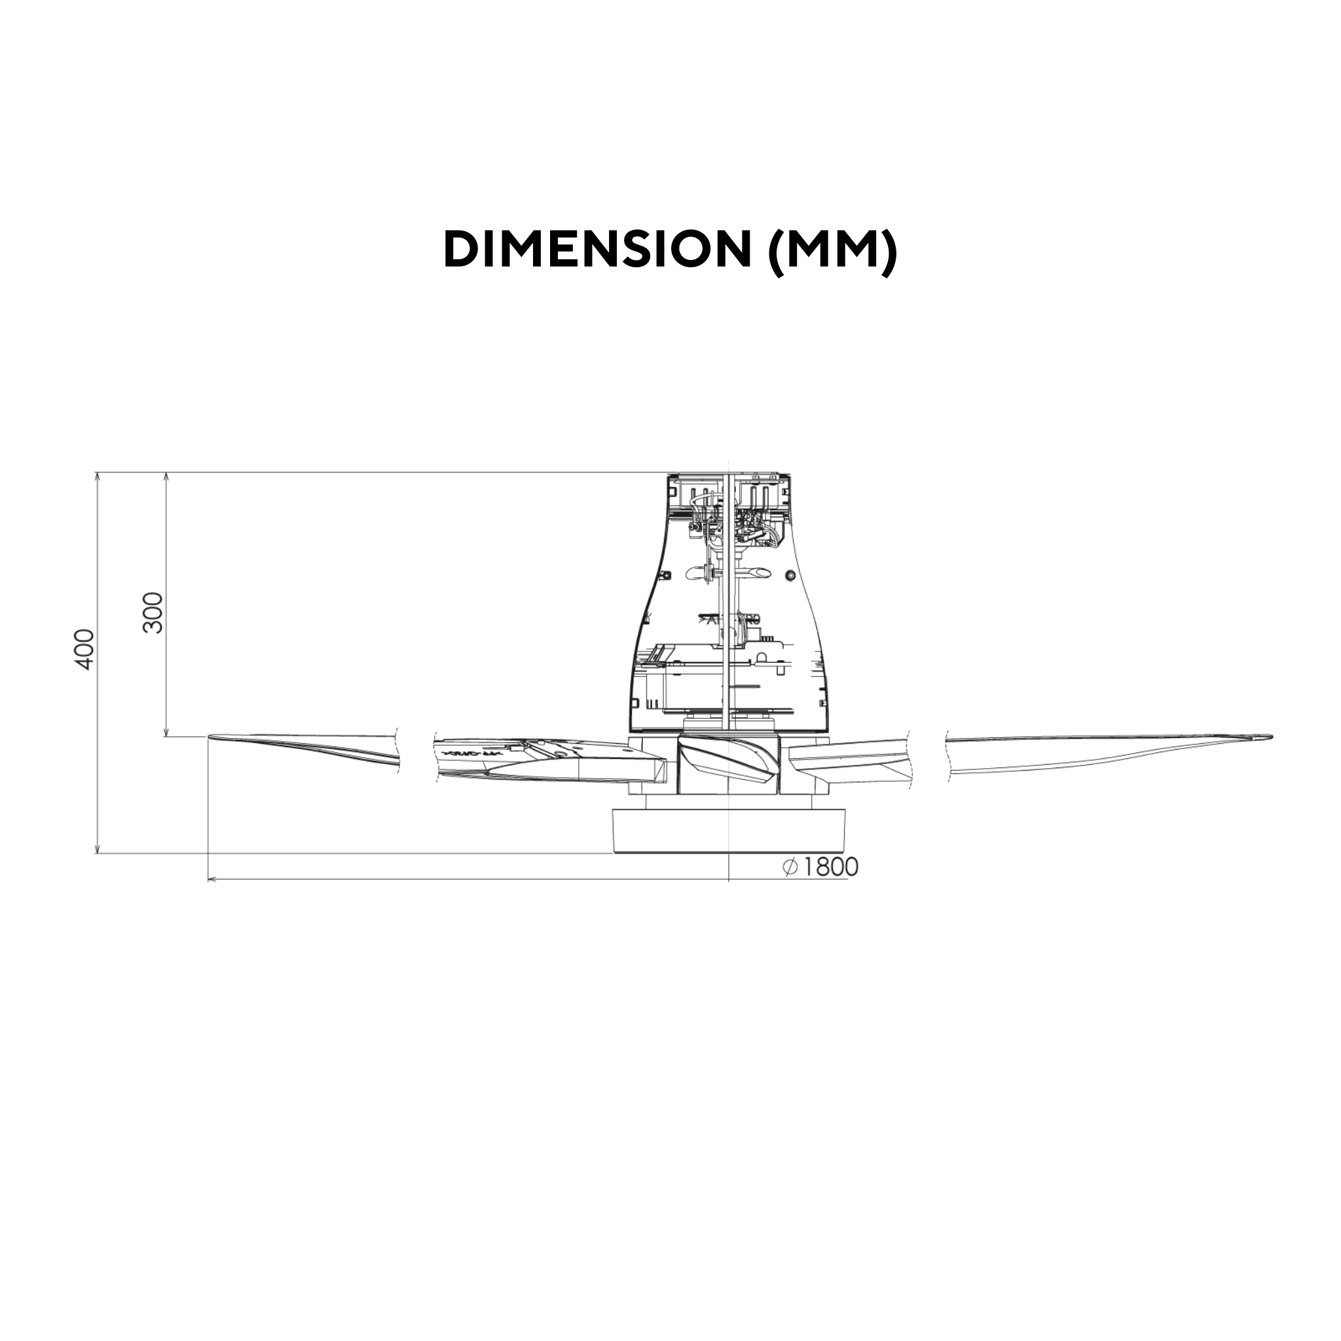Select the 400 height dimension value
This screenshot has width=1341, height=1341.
84,649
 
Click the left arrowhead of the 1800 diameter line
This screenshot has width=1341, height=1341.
211,879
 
